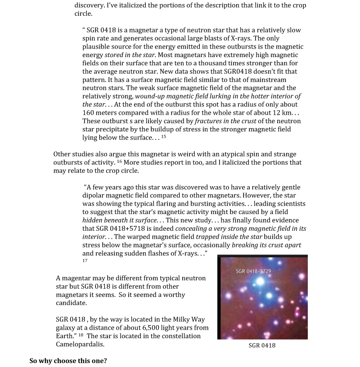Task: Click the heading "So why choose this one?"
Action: [x=68, y=361]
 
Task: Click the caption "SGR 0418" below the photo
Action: [x=262, y=345]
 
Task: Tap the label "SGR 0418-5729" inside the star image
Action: [x=253, y=272]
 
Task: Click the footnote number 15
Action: [x=163, y=136]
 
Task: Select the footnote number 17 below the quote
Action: [x=85, y=260]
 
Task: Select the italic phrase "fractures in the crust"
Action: [x=225, y=121]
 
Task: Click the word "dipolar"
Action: [x=97, y=196]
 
